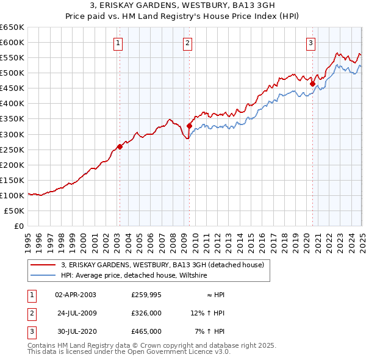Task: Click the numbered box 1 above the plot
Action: tap(118, 43)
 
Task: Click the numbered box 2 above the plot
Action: tap(187, 43)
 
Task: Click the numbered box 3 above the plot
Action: tap(310, 43)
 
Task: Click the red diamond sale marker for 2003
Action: tap(120, 146)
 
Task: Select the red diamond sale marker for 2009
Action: tap(189, 126)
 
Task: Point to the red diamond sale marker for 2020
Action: tap(312, 84)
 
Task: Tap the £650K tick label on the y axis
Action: tap(12, 27)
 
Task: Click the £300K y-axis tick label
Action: tap(12, 134)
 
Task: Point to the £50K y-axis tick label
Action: tap(15, 211)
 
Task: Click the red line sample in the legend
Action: tap(43, 265)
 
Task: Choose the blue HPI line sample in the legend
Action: tap(43, 276)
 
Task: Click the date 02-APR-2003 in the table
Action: tap(76, 295)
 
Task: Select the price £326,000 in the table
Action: tap(146, 313)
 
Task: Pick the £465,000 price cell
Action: tap(146, 331)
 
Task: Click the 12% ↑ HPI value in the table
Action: tap(207, 313)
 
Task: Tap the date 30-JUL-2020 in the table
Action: tap(76, 331)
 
